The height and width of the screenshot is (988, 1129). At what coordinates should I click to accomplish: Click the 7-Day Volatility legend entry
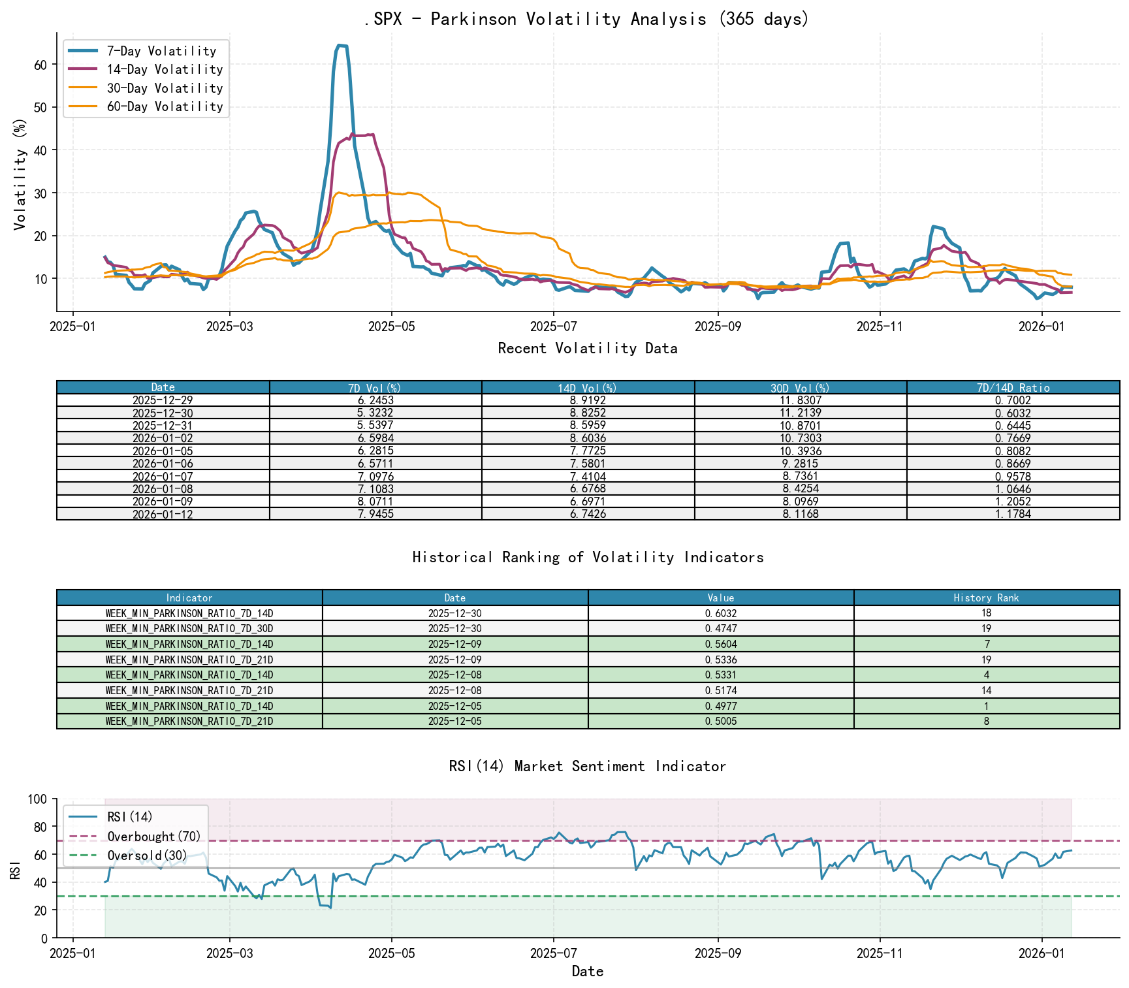(x=161, y=51)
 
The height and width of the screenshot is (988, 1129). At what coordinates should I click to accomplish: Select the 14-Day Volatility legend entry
(x=165, y=69)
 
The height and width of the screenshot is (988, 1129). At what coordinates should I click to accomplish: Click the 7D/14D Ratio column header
(x=1013, y=388)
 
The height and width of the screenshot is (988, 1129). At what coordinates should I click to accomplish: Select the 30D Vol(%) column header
(x=800, y=388)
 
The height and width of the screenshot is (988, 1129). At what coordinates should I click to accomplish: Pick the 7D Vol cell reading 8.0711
(x=375, y=502)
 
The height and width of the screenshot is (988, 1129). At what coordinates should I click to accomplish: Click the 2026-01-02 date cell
(x=163, y=438)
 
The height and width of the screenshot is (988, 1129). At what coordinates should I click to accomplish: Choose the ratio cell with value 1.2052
(x=1013, y=502)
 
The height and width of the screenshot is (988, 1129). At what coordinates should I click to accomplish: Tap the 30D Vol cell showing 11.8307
(x=800, y=400)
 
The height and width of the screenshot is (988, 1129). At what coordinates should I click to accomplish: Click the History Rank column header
(x=986, y=598)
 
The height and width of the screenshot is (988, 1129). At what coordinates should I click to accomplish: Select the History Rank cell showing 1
(x=986, y=706)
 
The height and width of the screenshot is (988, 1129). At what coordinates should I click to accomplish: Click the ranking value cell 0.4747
(x=721, y=628)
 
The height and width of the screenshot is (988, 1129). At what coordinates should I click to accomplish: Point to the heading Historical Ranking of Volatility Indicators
(x=588, y=557)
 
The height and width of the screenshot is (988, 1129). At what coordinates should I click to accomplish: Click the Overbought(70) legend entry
(x=154, y=837)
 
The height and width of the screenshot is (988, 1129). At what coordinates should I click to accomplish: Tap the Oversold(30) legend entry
(x=147, y=855)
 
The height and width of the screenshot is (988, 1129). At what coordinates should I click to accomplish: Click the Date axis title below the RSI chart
(x=587, y=971)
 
